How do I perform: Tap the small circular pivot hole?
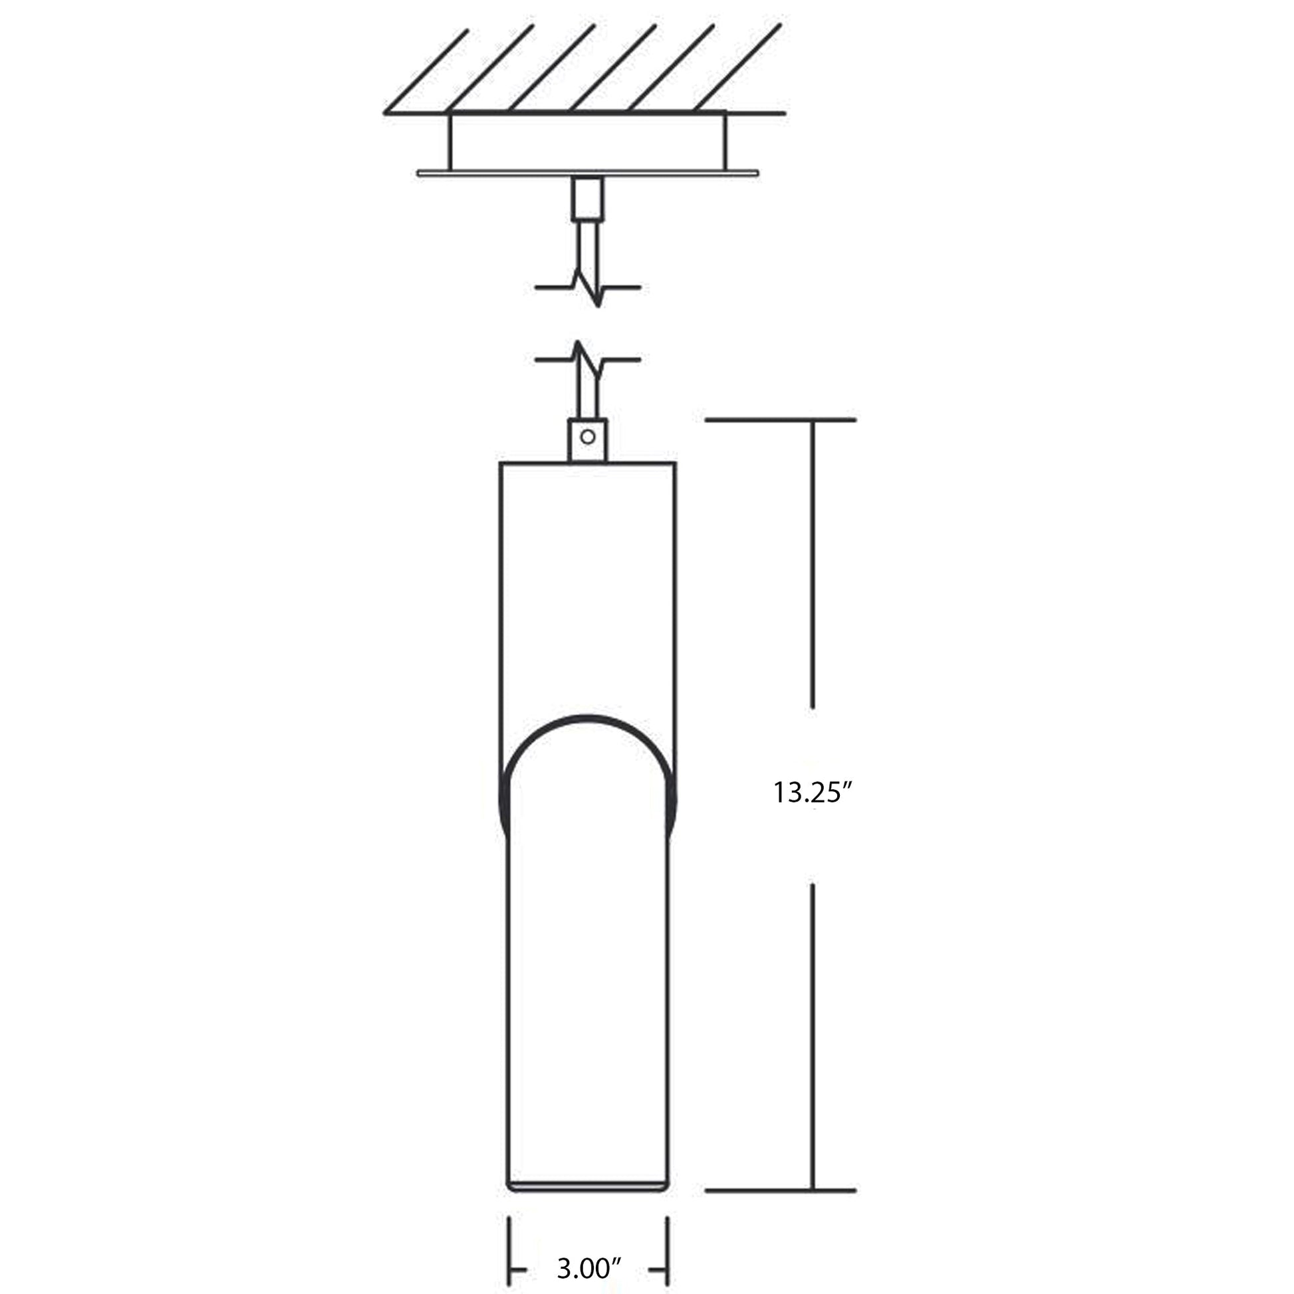point(588,438)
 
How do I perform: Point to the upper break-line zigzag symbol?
point(588,288)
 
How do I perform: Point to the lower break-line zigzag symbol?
point(588,360)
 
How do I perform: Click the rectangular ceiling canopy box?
point(588,142)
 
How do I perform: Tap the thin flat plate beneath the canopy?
point(588,174)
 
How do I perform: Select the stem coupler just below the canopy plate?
point(588,198)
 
